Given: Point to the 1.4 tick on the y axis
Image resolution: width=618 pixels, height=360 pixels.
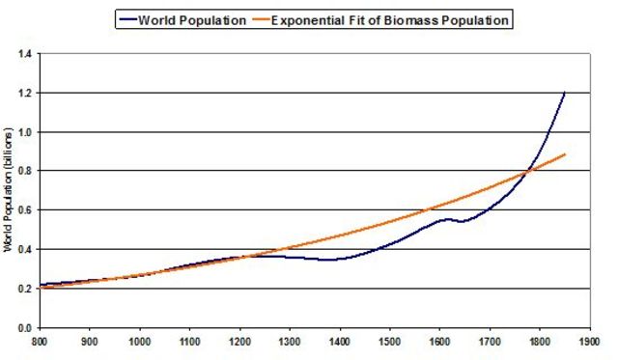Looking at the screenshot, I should click(x=23, y=54).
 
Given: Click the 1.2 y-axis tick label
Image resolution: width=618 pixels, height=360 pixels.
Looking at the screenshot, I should click(x=23, y=94).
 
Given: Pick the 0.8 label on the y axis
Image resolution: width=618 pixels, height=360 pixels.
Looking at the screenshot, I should click(x=23, y=172).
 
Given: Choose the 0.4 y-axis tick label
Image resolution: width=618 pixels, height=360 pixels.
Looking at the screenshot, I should click(x=23, y=250).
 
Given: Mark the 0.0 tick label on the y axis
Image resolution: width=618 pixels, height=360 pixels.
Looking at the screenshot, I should click(x=23, y=328).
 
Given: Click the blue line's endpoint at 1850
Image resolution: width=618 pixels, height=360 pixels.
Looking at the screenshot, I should click(x=565, y=92).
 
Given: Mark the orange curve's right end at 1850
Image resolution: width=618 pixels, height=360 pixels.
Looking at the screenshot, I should click(x=565, y=154).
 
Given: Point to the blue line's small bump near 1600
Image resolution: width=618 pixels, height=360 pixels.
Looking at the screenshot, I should click(x=445, y=220).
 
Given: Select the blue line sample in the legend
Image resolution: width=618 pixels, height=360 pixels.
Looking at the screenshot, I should click(x=129, y=18).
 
